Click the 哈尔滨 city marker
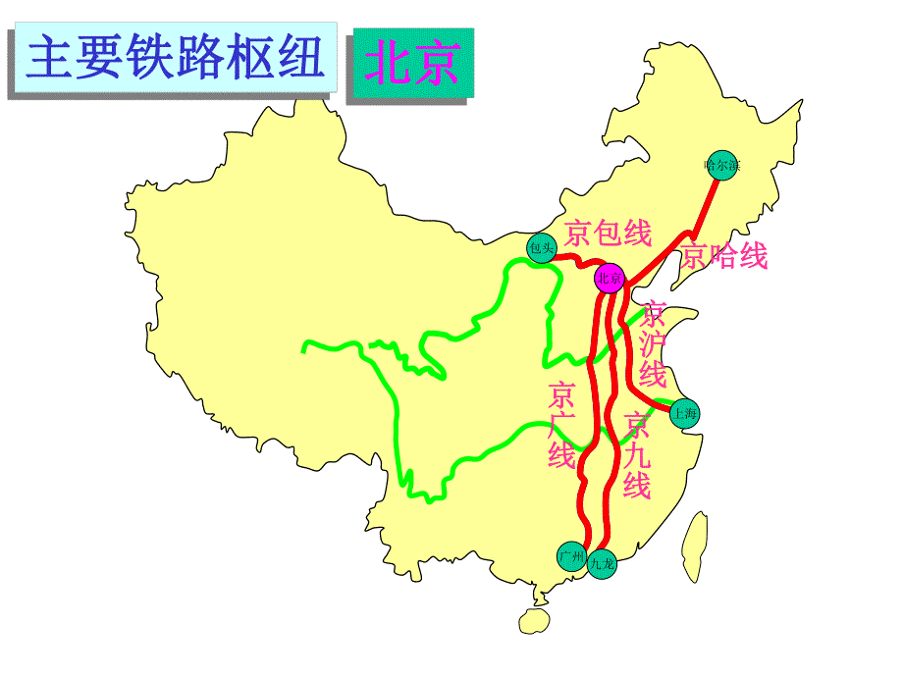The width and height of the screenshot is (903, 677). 721,165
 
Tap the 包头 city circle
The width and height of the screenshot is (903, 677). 541,248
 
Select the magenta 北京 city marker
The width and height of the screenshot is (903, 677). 610,280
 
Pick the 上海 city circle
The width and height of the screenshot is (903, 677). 684,413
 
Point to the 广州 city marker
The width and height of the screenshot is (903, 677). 571,556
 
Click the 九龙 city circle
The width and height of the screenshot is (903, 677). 602,563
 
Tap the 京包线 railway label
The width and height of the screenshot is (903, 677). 609,234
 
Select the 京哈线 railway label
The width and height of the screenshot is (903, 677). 724,256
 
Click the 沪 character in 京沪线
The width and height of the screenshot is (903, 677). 652,344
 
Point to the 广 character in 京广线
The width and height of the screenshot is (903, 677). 561,425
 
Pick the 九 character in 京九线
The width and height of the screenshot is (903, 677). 637,455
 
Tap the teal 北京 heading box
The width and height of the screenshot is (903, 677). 411,62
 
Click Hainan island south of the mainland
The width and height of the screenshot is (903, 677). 535,619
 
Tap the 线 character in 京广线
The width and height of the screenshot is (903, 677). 561,455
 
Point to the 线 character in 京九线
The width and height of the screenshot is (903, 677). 637,485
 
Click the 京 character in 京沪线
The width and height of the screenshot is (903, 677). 652,315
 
